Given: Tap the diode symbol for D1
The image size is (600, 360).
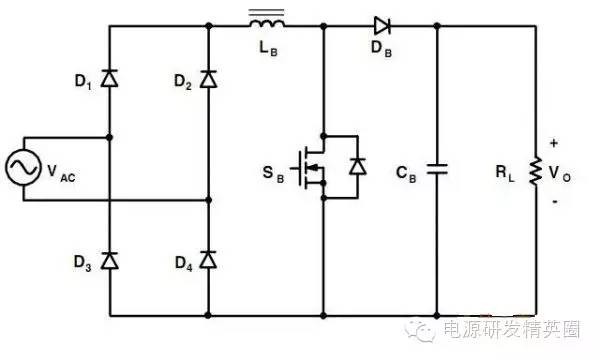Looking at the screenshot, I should (x=109, y=77).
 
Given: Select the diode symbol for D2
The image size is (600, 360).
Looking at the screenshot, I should (x=208, y=77).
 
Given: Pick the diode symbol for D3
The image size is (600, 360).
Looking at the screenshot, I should (x=109, y=261).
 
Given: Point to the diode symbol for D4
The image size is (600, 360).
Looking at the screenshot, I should (x=208, y=261).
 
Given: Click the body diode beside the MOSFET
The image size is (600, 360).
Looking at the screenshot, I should (x=357, y=166).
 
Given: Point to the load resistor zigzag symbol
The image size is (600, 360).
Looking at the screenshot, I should (x=535, y=168).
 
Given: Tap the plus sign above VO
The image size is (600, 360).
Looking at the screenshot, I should (x=554, y=143).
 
